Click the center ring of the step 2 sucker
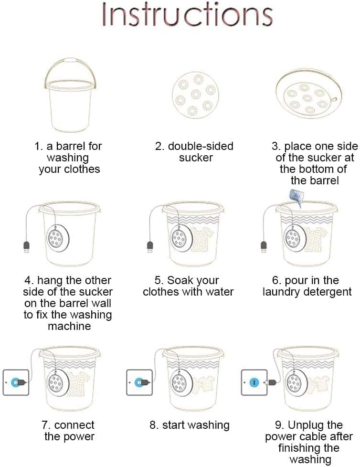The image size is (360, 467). pyautogui.click(x=196, y=95)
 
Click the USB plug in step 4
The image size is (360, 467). pyautogui.click(x=26, y=247)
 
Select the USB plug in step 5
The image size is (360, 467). pyautogui.click(x=150, y=247)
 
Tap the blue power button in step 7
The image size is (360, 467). pyautogui.click(x=15, y=382)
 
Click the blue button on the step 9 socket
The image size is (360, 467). pyautogui.click(x=254, y=382)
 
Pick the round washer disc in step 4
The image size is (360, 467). pyautogui.click(x=58, y=238)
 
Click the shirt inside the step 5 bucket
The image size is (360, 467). pyautogui.click(x=201, y=240)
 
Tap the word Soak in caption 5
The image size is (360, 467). pyautogui.click(x=178, y=280)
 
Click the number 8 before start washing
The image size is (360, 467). pyautogui.click(x=153, y=425)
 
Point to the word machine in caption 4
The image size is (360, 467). pyautogui.click(x=69, y=326)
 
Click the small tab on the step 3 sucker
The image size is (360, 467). pyautogui.click(x=334, y=99)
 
